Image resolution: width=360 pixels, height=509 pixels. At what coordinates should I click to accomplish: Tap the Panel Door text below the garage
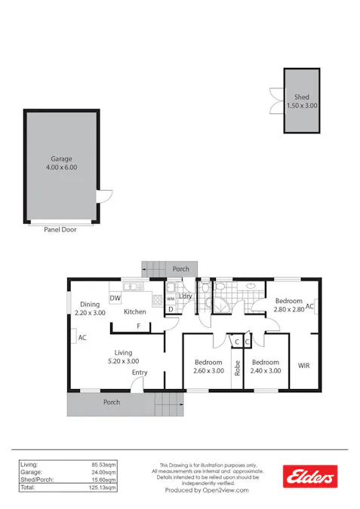60,229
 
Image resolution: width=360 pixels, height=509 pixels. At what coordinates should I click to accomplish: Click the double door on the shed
275,100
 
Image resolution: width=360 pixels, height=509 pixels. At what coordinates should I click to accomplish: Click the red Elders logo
308,476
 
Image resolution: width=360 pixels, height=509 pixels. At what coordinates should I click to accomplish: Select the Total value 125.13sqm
103,488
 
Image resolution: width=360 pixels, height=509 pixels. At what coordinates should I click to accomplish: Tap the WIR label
304,366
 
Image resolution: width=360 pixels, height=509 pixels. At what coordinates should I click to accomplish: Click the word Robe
237,368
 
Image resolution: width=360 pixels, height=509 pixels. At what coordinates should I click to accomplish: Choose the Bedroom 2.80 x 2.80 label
288,305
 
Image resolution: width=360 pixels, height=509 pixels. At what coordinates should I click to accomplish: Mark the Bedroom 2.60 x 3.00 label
208,366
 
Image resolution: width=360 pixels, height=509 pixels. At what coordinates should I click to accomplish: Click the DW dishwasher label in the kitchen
115,299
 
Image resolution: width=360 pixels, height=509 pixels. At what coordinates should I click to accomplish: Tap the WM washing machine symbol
171,299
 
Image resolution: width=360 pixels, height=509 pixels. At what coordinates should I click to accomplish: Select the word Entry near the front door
140,373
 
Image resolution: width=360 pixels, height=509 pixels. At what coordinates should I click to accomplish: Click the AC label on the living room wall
82,338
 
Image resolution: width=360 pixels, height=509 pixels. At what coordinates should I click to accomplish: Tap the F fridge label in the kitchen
138,326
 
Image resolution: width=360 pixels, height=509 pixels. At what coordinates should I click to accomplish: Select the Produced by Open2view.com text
207,490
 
